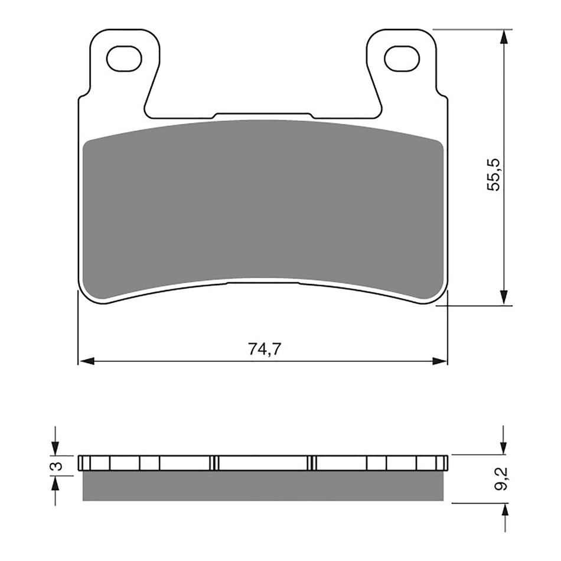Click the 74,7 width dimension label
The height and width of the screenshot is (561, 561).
pyautogui.click(x=263, y=349)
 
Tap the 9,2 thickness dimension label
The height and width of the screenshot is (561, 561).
pyautogui.click(x=501, y=479)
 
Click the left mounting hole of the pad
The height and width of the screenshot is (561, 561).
pyautogui.click(x=124, y=58)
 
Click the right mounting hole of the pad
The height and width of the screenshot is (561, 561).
pyautogui.click(x=402, y=58)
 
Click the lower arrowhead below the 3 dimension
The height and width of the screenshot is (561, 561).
pyautogui.click(x=55, y=484)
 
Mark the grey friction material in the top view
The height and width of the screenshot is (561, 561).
pyautogui.click(x=263, y=207)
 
